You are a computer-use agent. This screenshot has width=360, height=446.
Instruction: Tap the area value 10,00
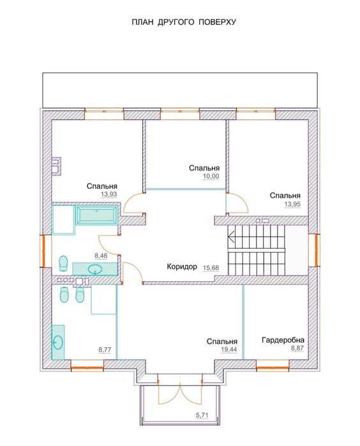pyautogui.click(x=211, y=176)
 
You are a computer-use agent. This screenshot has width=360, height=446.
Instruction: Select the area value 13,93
pyautogui.click(x=109, y=195)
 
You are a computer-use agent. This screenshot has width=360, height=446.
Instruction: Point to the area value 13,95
pyautogui.click(x=292, y=204)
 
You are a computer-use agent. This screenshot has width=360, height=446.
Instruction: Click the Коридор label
pyautogui.click(x=182, y=267)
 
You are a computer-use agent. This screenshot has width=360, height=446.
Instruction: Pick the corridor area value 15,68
pyautogui.click(x=211, y=267)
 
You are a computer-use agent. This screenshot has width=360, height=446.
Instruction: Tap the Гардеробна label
pyautogui.click(x=283, y=340)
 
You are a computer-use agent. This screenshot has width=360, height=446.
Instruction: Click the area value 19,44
pyautogui.click(x=229, y=350)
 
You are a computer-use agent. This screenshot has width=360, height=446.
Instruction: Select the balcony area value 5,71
pyautogui.click(x=202, y=415)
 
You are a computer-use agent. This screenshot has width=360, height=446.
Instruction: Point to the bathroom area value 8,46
pyautogui.click(x=101, y=256)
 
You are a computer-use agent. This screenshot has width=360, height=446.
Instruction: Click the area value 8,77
pyautogui.click(x=105, y=350)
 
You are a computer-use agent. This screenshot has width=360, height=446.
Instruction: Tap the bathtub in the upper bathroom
pyautogui.click(x=97, y=215)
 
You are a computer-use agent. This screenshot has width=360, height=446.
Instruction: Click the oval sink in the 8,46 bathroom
pyautogui.click(x=95, y=269)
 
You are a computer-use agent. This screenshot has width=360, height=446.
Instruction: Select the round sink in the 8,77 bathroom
pyautogui.click(x=58, y=341)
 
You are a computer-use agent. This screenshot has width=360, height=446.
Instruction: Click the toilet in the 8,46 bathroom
pyautogui.click(x=63, y=263)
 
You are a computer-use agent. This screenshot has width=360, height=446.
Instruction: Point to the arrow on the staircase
pyautogui.click(x=231, y=236)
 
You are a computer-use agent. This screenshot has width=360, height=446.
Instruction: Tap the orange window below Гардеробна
pyautogui.click(x=273, y=368)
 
